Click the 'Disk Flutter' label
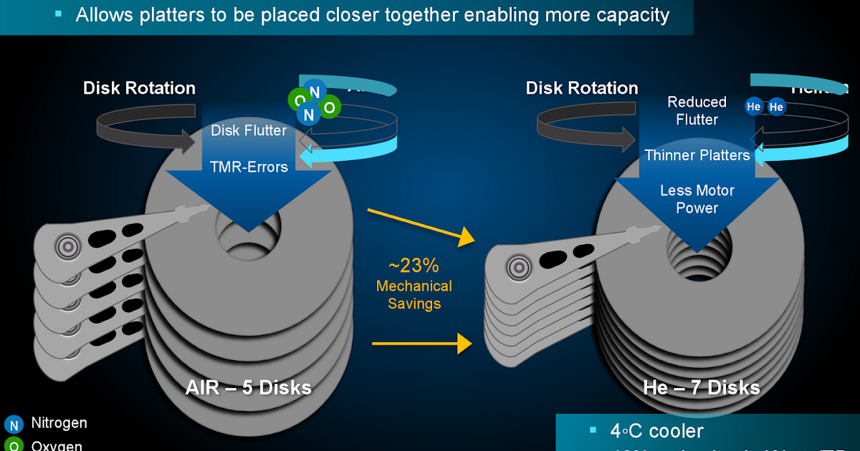pyautogui.click(x=248, y=130)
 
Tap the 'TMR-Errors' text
pyautogui.click(x=248, y=167)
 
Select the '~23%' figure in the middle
pyautogui.click(x=414, y=266)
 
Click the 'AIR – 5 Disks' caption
pyautogui.click(x=248, y=388)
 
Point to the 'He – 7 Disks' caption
pyautogui.click(x=701, y=388)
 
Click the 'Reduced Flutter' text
pyautogui.click(x=697, y=110)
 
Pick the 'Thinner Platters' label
pyautogui.click(x=697, y=155)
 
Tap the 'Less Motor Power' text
pyautogui.click(x=697, y=199)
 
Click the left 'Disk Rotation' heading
pyautogui.click(x=139, y=88)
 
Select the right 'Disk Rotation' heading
pyautogui.click(x=581, y=88)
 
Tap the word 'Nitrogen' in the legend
pyautogui.click(x=59, y=423)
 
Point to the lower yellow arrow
pyautogui.click(x=421, y=344)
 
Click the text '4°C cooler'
pyautogui.click(x=656, y=431)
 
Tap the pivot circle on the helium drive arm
pyautogui.click(x=517, y=268)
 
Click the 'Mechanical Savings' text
pyautogui.click(x=414, y=295)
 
